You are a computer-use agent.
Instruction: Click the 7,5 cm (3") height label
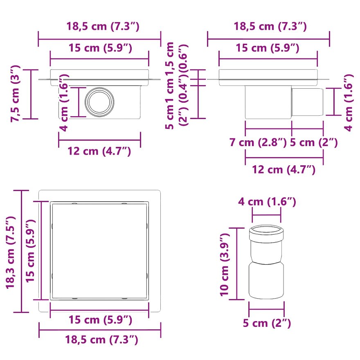(x=16, y=93)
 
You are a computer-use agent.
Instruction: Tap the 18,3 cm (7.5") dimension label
(x=11, y=252)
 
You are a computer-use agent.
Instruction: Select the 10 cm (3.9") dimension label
(x=225, y=265)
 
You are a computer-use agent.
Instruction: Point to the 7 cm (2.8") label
(x=258, y=142)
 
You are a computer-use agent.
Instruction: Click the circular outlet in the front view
(x=99, y=101)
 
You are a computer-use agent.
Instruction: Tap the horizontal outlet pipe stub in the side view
(x=307, y=102)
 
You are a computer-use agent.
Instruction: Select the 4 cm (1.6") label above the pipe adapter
(x=267, y=202)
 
